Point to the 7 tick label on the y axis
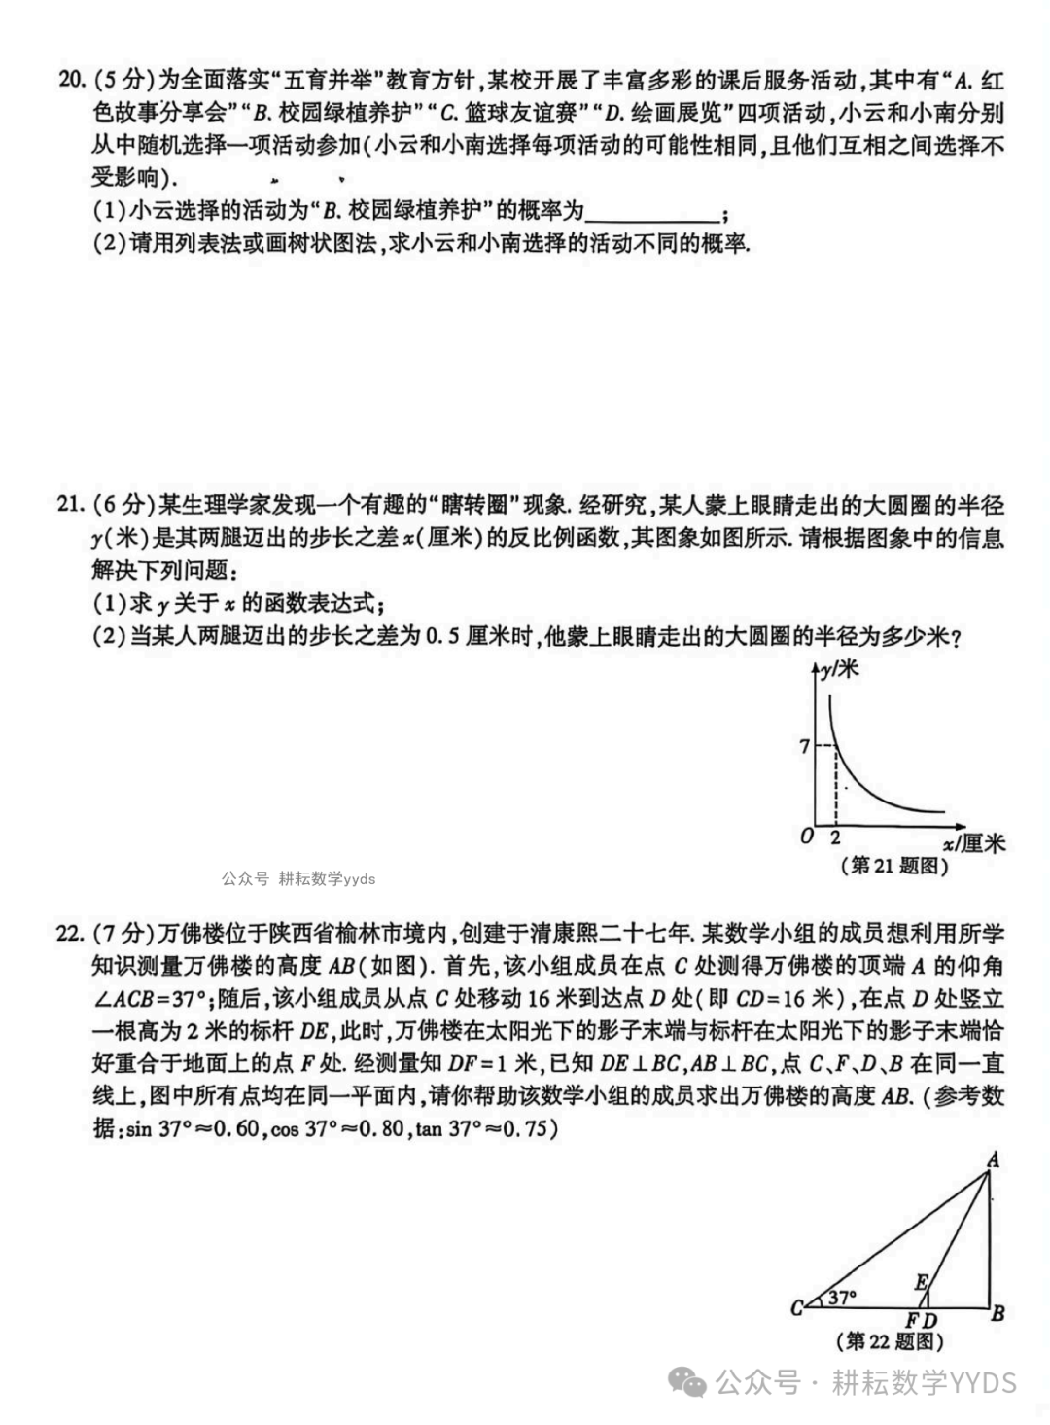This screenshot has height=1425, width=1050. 804,746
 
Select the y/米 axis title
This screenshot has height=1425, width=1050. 840,668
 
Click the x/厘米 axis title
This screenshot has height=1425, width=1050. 973,842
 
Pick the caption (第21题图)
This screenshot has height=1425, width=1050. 893,865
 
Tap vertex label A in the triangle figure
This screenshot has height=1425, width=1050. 993,1158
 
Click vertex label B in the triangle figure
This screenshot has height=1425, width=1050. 997,1313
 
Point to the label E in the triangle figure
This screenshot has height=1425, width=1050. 920,1281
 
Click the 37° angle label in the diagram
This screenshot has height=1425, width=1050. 842,1297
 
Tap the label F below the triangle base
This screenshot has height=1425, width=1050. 912,1320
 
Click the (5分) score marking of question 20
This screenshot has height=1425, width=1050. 122,80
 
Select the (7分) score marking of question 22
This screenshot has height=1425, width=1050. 122,934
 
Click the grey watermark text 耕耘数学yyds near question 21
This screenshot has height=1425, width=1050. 326,878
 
